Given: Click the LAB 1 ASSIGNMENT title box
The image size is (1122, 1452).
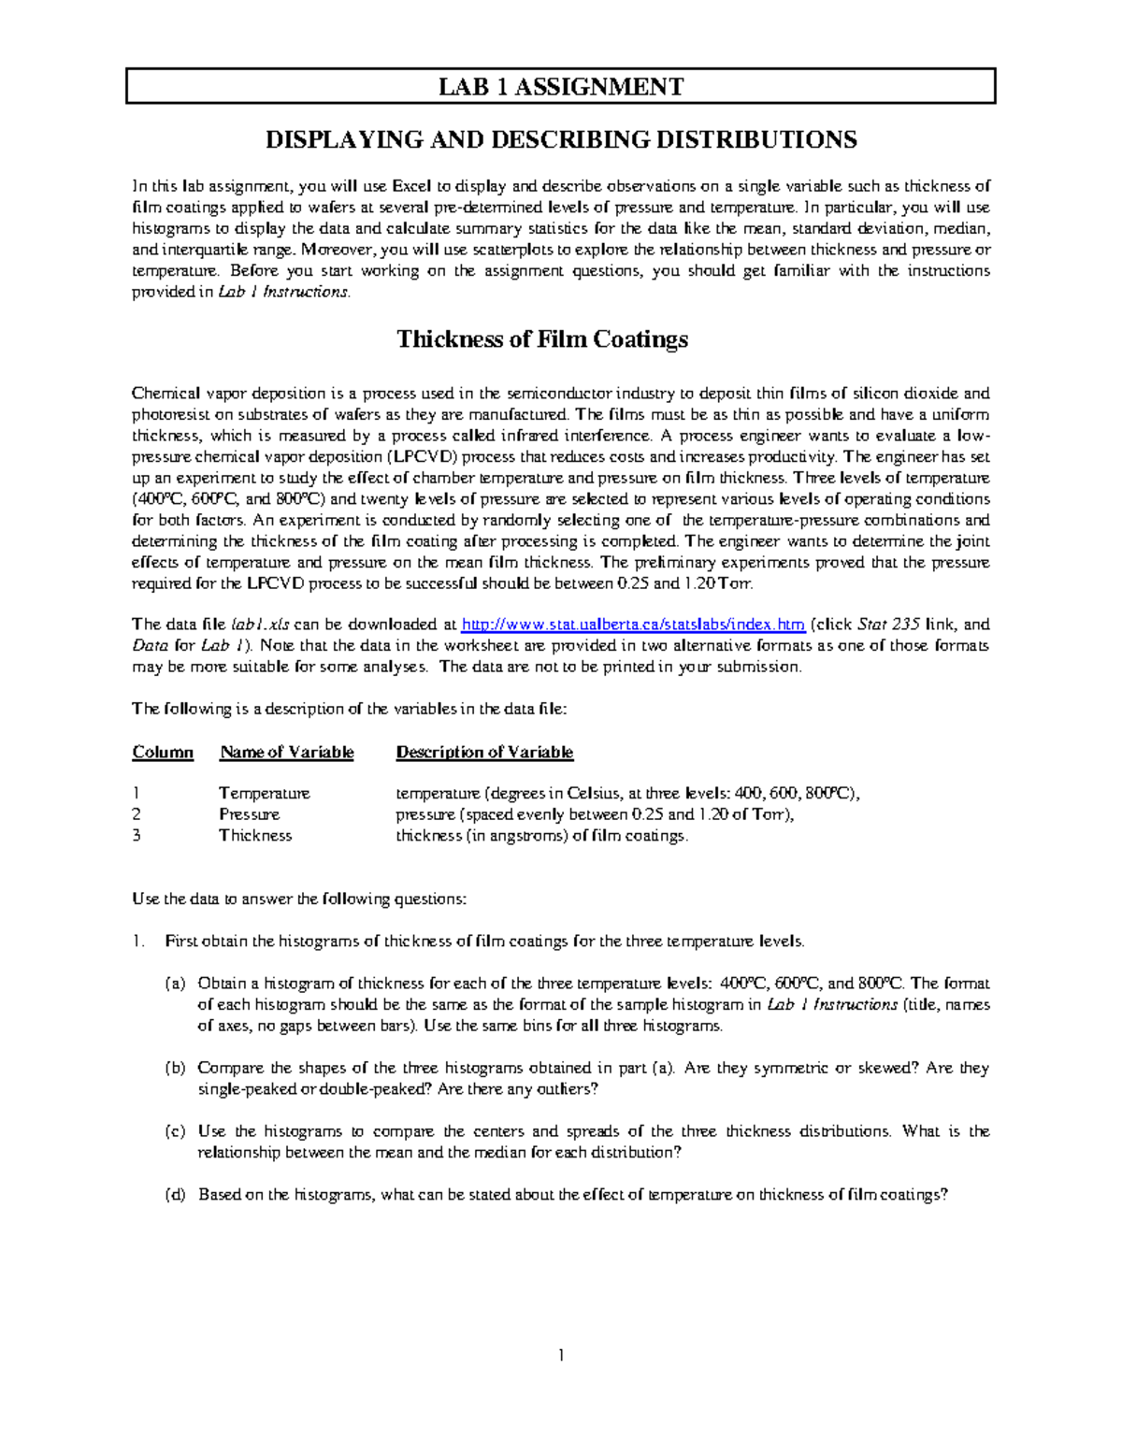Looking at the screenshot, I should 561,87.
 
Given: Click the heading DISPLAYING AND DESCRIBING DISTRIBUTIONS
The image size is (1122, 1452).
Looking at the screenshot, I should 561,140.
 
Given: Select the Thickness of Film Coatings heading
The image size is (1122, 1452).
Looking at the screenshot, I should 542,338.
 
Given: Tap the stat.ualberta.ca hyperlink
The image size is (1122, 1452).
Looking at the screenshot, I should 633,625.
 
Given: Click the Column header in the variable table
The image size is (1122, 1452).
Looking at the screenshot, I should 163,753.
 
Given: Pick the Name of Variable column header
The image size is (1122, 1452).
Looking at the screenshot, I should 286,753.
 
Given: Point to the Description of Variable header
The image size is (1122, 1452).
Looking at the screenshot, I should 484,753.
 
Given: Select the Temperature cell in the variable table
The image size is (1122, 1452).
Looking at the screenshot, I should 264,794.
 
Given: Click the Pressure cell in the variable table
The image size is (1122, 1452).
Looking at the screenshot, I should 249,814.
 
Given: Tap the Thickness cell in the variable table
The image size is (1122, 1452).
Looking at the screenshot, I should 255,836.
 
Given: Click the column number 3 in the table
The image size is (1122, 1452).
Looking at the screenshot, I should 137,836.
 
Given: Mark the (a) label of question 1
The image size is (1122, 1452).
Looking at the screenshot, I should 175,984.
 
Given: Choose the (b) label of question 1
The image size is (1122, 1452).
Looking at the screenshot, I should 175,1068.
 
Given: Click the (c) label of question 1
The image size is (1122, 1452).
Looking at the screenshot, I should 175,1131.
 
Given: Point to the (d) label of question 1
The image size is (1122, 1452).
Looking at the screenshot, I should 175,1195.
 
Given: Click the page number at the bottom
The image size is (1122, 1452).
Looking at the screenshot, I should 560,1356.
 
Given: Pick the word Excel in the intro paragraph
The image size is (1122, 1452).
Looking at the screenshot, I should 410,186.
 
